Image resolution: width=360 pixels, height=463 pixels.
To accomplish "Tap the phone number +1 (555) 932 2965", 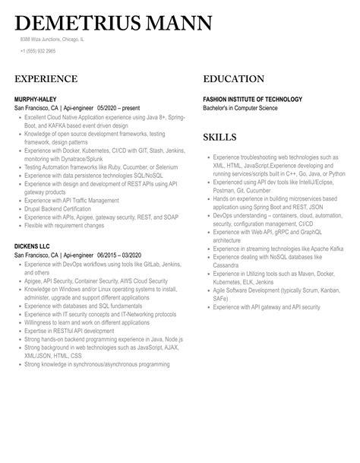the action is point(38,51).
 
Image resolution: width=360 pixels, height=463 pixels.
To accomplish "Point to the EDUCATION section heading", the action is point(239,79).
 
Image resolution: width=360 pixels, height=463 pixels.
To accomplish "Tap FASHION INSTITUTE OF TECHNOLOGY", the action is point(252,100).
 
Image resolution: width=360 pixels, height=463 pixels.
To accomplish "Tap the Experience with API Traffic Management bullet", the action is point(71,201).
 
